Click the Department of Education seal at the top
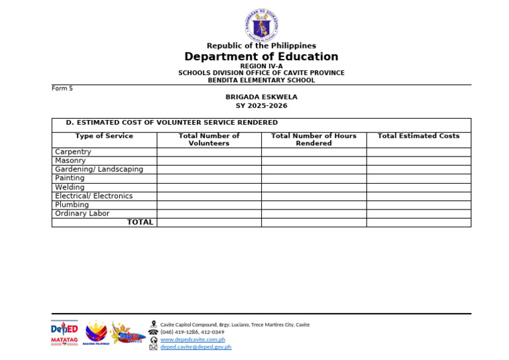pyautogui.click(x=261, y=25)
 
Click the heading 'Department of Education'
pyautogui.click(x=261, y=57)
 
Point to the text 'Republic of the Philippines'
pyautogui.click(x=261, y=46)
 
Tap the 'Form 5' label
pyautogui.click(x=62, y=88)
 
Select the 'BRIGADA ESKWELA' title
pyautogui.click(x=261, y=97)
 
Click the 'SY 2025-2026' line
pyautogui.click(x=261, y=106)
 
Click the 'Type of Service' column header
pyautogui.click(x=104, y=136)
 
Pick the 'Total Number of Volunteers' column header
pyautogui.click(x=209, y=139)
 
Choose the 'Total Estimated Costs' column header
pyautogui.click(x=418, y=136)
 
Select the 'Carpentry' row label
pyautogui.click(x=73, y=152)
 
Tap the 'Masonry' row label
pyautogui.click(x=70, y=160)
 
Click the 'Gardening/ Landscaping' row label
pyautogui.click(x=99, y=169)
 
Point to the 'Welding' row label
pyautogui.click(x=70, y=187)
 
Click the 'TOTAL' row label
pyautogui.click(x=140, y=222)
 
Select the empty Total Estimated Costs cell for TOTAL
pyautogui.click(x=418, y=223)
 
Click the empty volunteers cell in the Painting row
pyautogui.click(x=209, y=178)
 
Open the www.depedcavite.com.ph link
pyautogui.click(x=193, y=339)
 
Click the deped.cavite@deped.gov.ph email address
pyautogui.click(x=196, y=347)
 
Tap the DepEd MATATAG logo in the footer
pyautogui.click(x=64, y=333)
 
